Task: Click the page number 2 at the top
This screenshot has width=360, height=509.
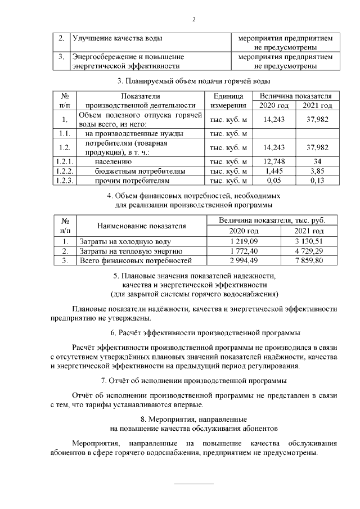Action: tap(193, 20)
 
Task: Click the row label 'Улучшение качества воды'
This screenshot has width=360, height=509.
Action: tap(117, 38)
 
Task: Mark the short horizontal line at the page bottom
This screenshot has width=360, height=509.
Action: tap(193, 483)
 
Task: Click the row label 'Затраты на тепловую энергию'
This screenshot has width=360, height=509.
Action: tap(130, 250)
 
